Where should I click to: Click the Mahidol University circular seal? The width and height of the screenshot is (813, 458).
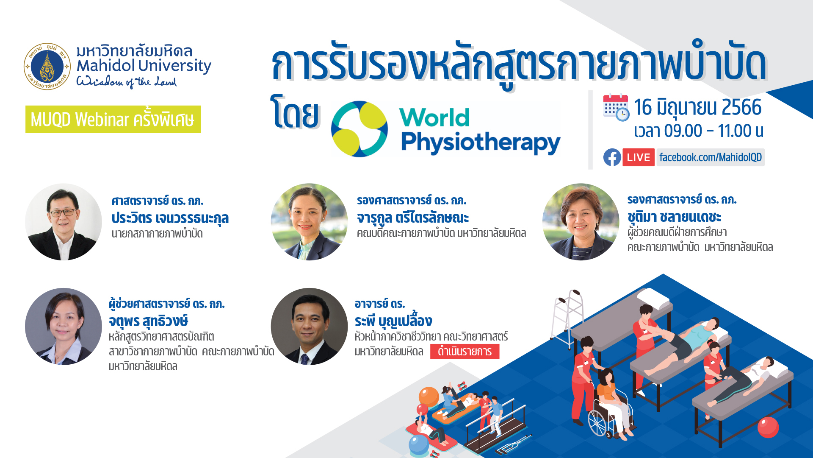click(47, 66)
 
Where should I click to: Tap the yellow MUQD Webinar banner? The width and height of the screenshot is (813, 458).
click(113, 119)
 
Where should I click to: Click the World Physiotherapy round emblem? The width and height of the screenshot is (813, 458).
click(359, 129)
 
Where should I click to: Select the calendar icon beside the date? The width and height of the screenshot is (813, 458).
click(616, 107)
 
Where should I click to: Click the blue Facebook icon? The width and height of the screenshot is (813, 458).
click(612, 157)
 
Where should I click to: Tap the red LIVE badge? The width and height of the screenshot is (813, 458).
click(639, 157)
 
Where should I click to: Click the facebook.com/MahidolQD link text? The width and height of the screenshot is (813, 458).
click(711, 157)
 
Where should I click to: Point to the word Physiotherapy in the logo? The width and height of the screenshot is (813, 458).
click(481, 142)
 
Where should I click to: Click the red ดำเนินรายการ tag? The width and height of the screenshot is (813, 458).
click(465, 352)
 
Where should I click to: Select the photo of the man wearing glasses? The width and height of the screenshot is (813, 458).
click(64, 222)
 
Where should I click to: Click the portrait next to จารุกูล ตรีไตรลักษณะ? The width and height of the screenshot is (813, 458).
click(309, 222)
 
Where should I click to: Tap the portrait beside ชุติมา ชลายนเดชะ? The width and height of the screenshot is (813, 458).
click(581, 222)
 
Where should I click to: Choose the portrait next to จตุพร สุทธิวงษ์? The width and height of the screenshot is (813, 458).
click(64, 327)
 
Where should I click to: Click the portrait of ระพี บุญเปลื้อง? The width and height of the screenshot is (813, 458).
click(309, 327)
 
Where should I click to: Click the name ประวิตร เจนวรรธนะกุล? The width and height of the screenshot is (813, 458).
click(170, 218)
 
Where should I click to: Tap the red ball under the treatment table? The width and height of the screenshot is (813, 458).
click(768, 427)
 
